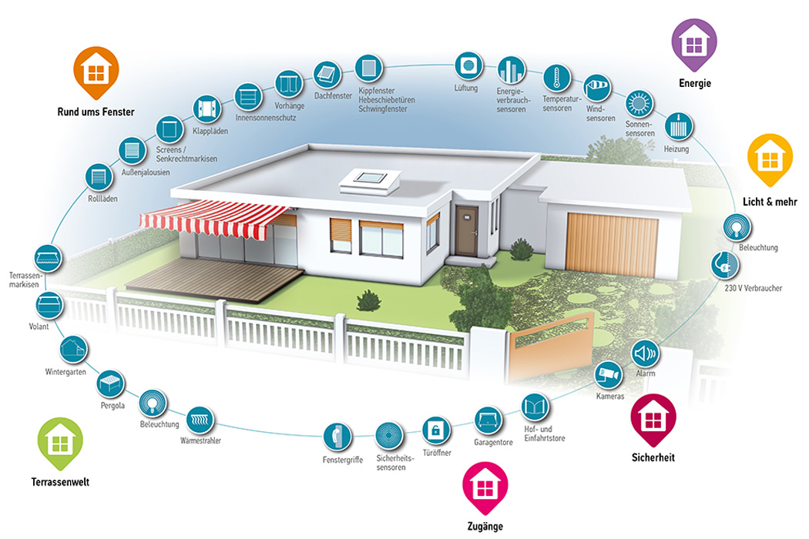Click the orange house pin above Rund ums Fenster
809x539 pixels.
tap(95, 72)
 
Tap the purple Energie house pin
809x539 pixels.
tap(694, 43)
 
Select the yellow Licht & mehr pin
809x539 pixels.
tap(770, 159)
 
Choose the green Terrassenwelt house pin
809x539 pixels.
tap(59, 443)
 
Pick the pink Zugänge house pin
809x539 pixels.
tap(484, 487)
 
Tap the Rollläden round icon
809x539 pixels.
tap(99, 177)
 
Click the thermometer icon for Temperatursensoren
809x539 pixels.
tap(556, 78)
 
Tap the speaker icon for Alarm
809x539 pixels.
tap(646, 353)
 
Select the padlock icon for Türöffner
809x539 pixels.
tap(435, 429)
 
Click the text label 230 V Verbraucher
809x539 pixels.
tap(754, 289)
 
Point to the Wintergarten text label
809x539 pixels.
tap(65, 373)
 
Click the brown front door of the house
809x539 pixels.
tap(466, 229)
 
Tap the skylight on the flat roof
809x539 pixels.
tap(371, 179)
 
